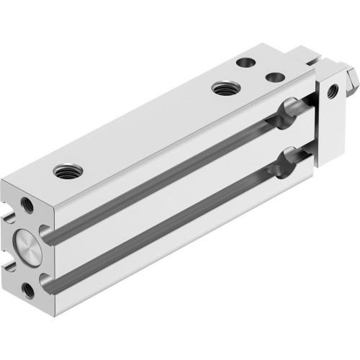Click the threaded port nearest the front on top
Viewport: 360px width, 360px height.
[x=68, y=171]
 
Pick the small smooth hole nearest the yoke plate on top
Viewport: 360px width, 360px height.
[x=274, y=76]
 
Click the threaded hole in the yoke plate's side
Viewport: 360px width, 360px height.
[x=332, y=91]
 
